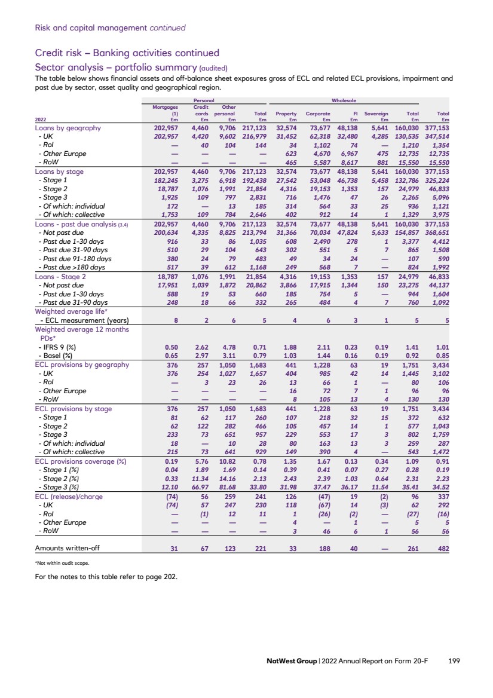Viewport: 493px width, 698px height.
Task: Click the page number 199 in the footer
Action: coord(454,661)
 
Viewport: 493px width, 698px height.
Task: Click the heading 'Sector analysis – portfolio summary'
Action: coord(120,66)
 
